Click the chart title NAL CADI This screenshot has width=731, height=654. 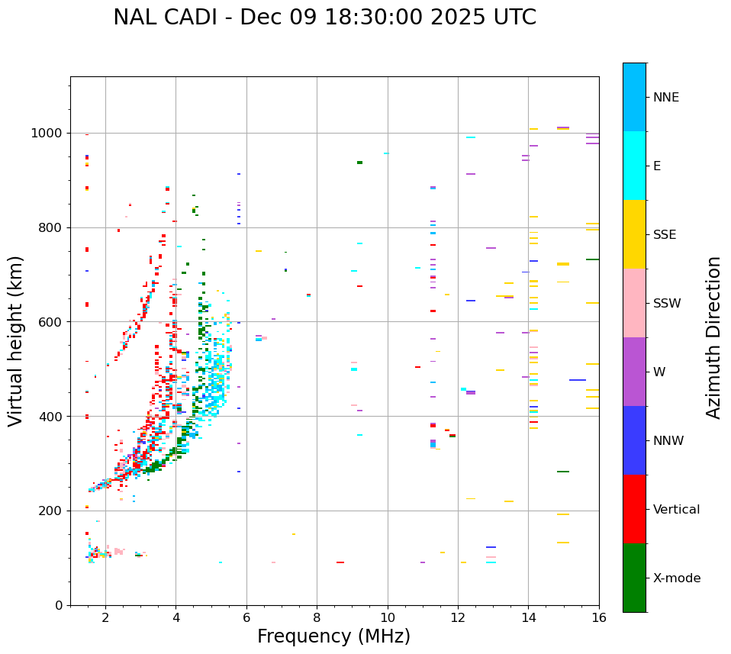(x=324, y=18)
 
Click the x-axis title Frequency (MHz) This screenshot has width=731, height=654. (x=333, y=636)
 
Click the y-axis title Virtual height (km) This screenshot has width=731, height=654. (x=16, y=341)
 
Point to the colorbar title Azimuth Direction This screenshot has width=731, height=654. (x=713, y=337)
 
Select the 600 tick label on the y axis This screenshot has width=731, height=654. (x=53, y=322)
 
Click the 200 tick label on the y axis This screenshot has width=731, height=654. (x=53, y=511)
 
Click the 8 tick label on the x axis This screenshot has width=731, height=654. (x=317, y=618)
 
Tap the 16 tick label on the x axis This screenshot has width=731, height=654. (x=599, y=618)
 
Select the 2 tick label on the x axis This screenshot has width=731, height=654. (x=105, y=618)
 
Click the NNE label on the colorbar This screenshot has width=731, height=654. (x=665, y=98)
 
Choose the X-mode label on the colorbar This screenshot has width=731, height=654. (x=676, y=578)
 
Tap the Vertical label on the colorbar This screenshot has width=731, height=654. (x=676, y=510)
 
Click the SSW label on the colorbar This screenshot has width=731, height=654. (x=667, y=304)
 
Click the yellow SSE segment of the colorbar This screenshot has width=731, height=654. (x=634, y=234)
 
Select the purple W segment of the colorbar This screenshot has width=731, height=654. (x=634, y=372)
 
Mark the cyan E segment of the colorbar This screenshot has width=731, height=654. (x=634, y=166)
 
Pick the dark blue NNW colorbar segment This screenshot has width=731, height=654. (x=634, y=440)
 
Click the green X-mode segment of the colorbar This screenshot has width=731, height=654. (x=634, y=578)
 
